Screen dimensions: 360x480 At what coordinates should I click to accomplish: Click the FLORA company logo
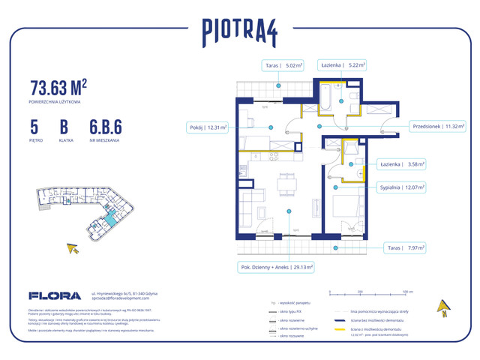coord(49,295)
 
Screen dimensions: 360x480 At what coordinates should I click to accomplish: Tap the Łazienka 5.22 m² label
coord(342,65)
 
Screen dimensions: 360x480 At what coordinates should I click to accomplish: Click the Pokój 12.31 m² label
coord(206,127)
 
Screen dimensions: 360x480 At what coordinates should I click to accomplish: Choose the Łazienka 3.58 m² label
coord(402,163)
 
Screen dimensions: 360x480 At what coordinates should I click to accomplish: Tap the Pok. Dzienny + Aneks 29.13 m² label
coord(276,265)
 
